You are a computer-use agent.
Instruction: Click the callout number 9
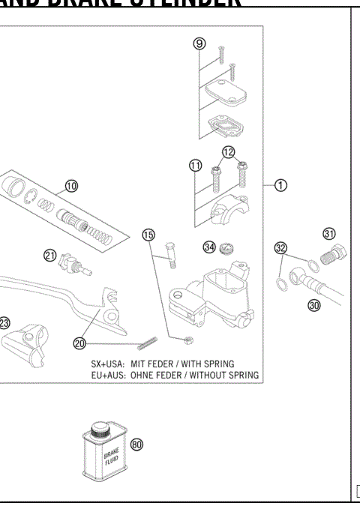click(x=199, y=44)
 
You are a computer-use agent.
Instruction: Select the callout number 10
click(x=72, y=185)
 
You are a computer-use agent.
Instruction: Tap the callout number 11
click(x=195, y=165)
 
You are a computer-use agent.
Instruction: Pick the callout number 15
click(x=148, y=235)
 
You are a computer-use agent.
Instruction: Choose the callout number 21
click(x=50, y=256)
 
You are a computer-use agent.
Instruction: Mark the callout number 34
click(x=209, y=247)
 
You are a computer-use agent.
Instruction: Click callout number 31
click(x=328, y=233)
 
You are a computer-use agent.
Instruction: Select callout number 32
click(x=280, y=248)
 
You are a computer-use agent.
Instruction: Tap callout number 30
click(x=314, y=306)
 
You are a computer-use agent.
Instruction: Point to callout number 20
click(x=80, y=343)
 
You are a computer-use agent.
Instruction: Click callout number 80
click(x=136, y=444)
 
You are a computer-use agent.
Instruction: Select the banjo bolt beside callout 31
click(x=333, y=255)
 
